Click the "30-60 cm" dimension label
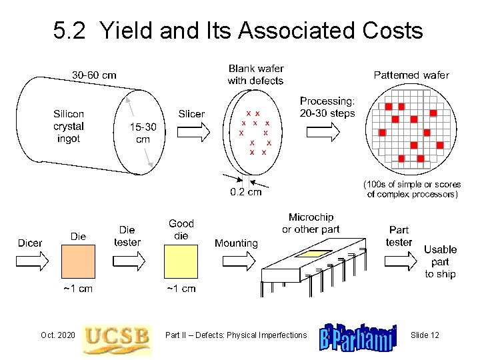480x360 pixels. [x=94, y=75]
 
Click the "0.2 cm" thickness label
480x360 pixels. [x=245, y=193]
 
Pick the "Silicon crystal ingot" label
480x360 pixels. [x=69, y=127]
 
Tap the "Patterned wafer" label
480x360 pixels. [x=411, y=75]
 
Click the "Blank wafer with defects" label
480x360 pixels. [x=255, y=75]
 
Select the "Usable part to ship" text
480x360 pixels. [x=440, y=261]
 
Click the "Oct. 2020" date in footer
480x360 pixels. [x=57, y=335]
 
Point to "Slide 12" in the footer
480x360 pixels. [x=425, y=335]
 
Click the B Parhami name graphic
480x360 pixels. [x=358, y=338]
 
